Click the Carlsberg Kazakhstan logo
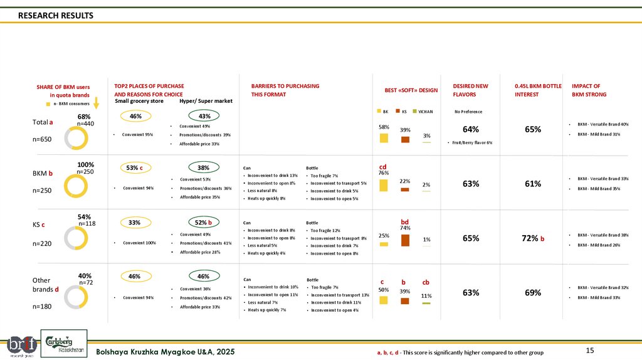point(64,343)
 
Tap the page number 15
point(589,350)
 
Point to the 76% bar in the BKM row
point(384,184)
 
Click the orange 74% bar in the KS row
point(405,240)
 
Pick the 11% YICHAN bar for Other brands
point(426,303)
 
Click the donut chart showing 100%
point(75,186)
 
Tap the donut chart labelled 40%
point(75,297)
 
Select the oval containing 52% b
point(204,223)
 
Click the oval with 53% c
point(135,167)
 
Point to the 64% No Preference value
point(471,130)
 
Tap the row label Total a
point(43,122)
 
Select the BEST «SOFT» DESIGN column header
point(411,90)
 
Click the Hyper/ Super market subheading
point(206,100)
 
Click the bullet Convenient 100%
point(139,243)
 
